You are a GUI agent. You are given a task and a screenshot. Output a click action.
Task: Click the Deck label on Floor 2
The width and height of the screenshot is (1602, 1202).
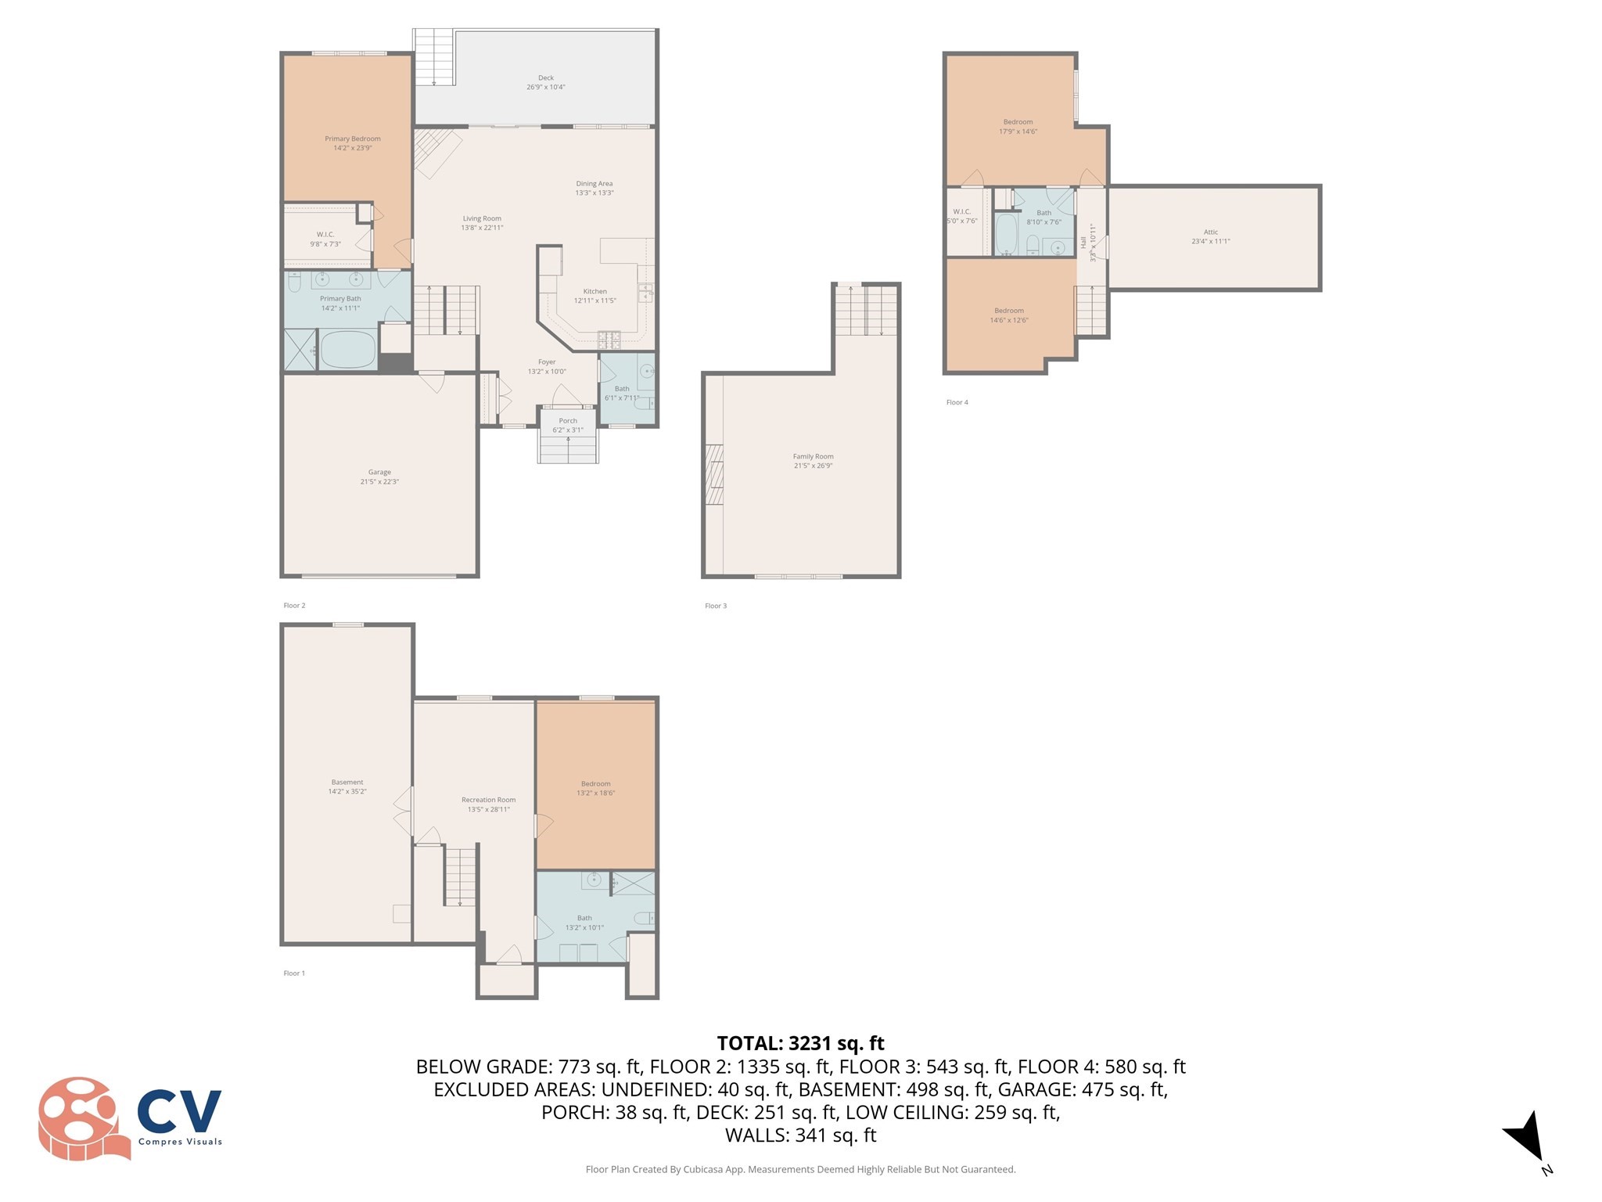(545, 78)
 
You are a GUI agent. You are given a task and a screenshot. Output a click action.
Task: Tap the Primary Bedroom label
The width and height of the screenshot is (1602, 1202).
(353, 139)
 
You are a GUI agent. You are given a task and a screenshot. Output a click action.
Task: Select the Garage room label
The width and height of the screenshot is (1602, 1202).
(379, 473)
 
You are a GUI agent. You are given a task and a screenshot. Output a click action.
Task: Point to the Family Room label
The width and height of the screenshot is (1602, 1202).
(813, 457)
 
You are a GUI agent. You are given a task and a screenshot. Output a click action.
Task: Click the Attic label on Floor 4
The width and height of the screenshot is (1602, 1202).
(1210, 232)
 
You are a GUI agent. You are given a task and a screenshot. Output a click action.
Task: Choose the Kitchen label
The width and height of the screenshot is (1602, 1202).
(594, 292)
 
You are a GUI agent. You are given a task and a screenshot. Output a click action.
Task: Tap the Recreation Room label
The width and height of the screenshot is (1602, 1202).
(488, 801)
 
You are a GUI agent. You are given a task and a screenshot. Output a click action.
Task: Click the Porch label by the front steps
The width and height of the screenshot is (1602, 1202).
(568, 421)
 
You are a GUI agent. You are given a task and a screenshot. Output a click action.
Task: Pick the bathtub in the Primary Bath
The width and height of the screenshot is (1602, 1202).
(348, 350)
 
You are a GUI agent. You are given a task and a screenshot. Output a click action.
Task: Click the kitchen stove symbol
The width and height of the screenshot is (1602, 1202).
(609, 340)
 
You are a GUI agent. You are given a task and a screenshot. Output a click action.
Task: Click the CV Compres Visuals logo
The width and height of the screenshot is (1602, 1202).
(130, 1118)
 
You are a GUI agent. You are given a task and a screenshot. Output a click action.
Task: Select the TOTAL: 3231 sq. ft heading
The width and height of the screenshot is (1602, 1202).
(800, 1043)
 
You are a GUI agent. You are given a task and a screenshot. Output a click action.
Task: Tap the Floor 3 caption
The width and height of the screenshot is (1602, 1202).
(715, 606)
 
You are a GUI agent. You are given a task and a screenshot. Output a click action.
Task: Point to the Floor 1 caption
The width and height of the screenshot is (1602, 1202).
(294, 973)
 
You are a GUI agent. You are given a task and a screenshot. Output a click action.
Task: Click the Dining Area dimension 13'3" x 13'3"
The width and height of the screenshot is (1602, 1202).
(594, 193)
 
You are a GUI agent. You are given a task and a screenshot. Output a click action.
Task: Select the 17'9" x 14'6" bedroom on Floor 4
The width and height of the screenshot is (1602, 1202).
(1018, 127)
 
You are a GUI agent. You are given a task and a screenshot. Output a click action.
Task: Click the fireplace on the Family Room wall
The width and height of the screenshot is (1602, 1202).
(713, 475)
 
